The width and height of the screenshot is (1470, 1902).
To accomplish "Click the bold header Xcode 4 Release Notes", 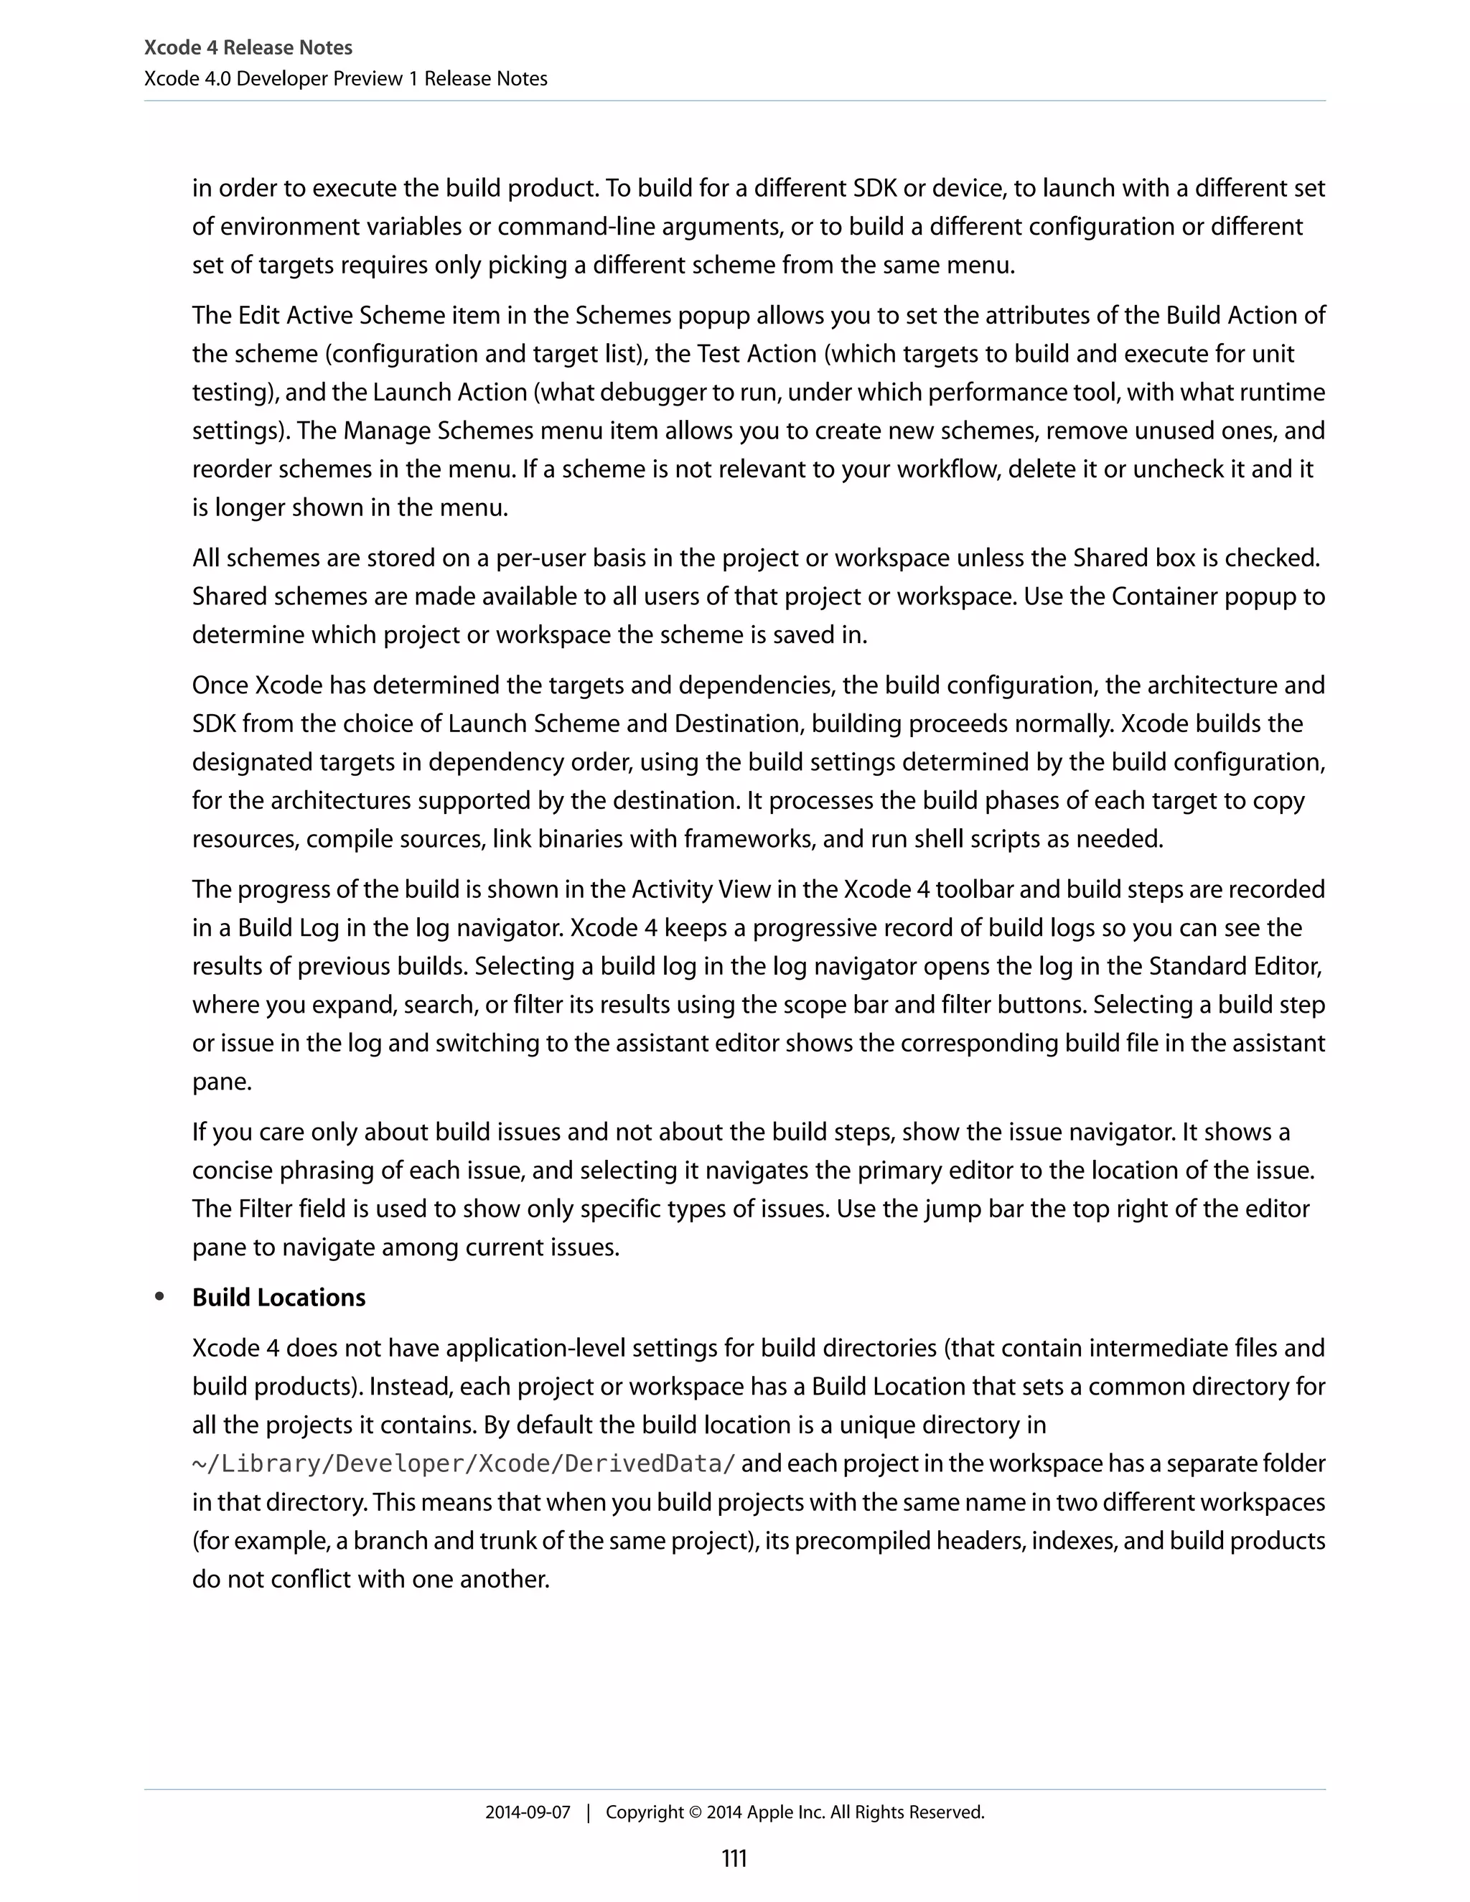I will point(248,48).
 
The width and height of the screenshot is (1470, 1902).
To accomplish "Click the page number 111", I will point(734,1858).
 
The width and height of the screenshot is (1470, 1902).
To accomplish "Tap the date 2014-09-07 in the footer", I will point(527,1812).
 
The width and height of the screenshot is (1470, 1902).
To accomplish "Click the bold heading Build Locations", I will point(278,1297).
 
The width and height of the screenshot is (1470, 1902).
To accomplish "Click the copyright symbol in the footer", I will point(694,1812).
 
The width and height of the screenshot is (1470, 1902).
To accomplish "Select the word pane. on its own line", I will point(221,1082).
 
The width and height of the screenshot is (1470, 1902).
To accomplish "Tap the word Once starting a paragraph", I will point(220,685).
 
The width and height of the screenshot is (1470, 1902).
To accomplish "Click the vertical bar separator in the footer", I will point(588,1812).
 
